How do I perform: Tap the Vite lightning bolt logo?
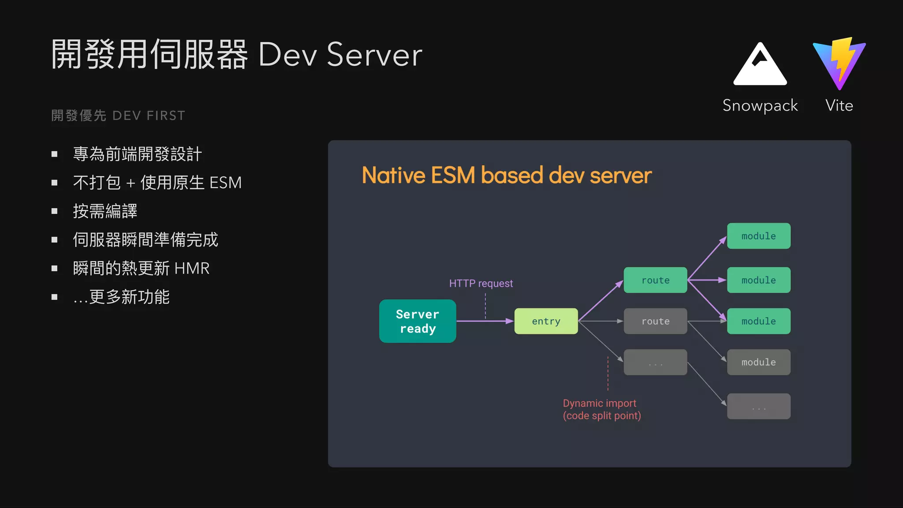coord(840,63)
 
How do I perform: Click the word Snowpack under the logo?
coord(760,106)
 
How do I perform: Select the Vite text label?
coord(839,106)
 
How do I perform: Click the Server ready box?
coord(418,321)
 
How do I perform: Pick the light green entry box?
coord(546,321)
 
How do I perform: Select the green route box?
coord(655,280)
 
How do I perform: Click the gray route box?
coord(655,321)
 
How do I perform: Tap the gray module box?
coord(758,362)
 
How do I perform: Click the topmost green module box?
coord(758,236)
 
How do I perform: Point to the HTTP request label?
coord(481,283)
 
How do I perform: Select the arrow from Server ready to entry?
coord(485,321)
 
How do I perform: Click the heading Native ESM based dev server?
coord(506,175)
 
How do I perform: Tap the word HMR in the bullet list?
coord(192,268)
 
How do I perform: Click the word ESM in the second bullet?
coord(225,183)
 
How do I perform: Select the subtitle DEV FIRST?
coord(149,116)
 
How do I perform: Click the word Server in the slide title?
coord(374,55)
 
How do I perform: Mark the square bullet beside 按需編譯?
coord(55,211)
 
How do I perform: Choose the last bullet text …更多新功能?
coord(121,297)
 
